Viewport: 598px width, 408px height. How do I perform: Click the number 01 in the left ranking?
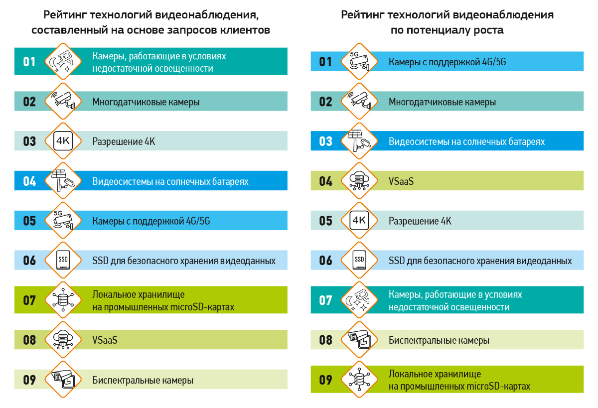click(x=29, y=62)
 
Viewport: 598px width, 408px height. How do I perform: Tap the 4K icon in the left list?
click(x=62, y=141)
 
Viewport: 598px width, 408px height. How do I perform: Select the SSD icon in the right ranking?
click(x=359, y=261)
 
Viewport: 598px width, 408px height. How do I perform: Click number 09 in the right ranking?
click(x=325, y=380)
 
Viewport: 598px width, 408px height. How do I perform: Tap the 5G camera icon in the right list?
click(x=359, y=62)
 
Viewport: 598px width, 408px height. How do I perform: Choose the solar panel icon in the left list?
click(x=62, y=181)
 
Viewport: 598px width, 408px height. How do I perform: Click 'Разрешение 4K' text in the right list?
click(x=420, y=221)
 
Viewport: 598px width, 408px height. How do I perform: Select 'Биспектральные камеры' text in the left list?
click(x=143, y=381)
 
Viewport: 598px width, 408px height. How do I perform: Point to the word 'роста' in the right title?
click(x=489, y=30)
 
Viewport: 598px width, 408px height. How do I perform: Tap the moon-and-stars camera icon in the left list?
click(x=62, y=62)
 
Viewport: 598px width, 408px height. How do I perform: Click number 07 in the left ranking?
click(x=29, y=300)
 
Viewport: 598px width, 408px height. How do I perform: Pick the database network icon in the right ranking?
click(x=359, y=380)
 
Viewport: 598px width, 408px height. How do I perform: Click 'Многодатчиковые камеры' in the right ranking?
click(x=442, y=102)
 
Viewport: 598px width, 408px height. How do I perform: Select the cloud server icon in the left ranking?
click(x=62, y=340)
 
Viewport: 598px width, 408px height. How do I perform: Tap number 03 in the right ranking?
click(x=325, y=141)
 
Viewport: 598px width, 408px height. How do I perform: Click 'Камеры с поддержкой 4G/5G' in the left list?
click(x=151, y=221)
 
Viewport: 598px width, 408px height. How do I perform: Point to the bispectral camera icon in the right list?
click(x=359, y=340)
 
